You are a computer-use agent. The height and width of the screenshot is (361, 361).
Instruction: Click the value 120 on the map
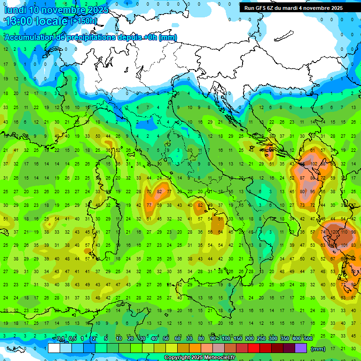335,232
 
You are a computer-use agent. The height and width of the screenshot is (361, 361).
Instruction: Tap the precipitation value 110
345,232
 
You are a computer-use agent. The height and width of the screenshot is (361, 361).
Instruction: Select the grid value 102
314,164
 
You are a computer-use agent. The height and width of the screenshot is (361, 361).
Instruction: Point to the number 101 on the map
345,245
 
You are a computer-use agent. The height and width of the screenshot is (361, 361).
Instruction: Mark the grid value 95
313,192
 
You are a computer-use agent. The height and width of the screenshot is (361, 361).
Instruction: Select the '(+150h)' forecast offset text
84,21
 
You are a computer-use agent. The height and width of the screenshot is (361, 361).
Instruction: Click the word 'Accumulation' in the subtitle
29,38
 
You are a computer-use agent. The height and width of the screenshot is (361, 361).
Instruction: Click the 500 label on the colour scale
308,338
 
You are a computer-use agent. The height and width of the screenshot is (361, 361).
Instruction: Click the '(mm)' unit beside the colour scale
318,348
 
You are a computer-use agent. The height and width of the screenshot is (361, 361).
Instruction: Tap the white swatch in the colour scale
54,348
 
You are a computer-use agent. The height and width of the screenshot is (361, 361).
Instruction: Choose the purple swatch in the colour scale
301,348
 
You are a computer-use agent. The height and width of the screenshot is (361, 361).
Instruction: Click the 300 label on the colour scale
273,338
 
